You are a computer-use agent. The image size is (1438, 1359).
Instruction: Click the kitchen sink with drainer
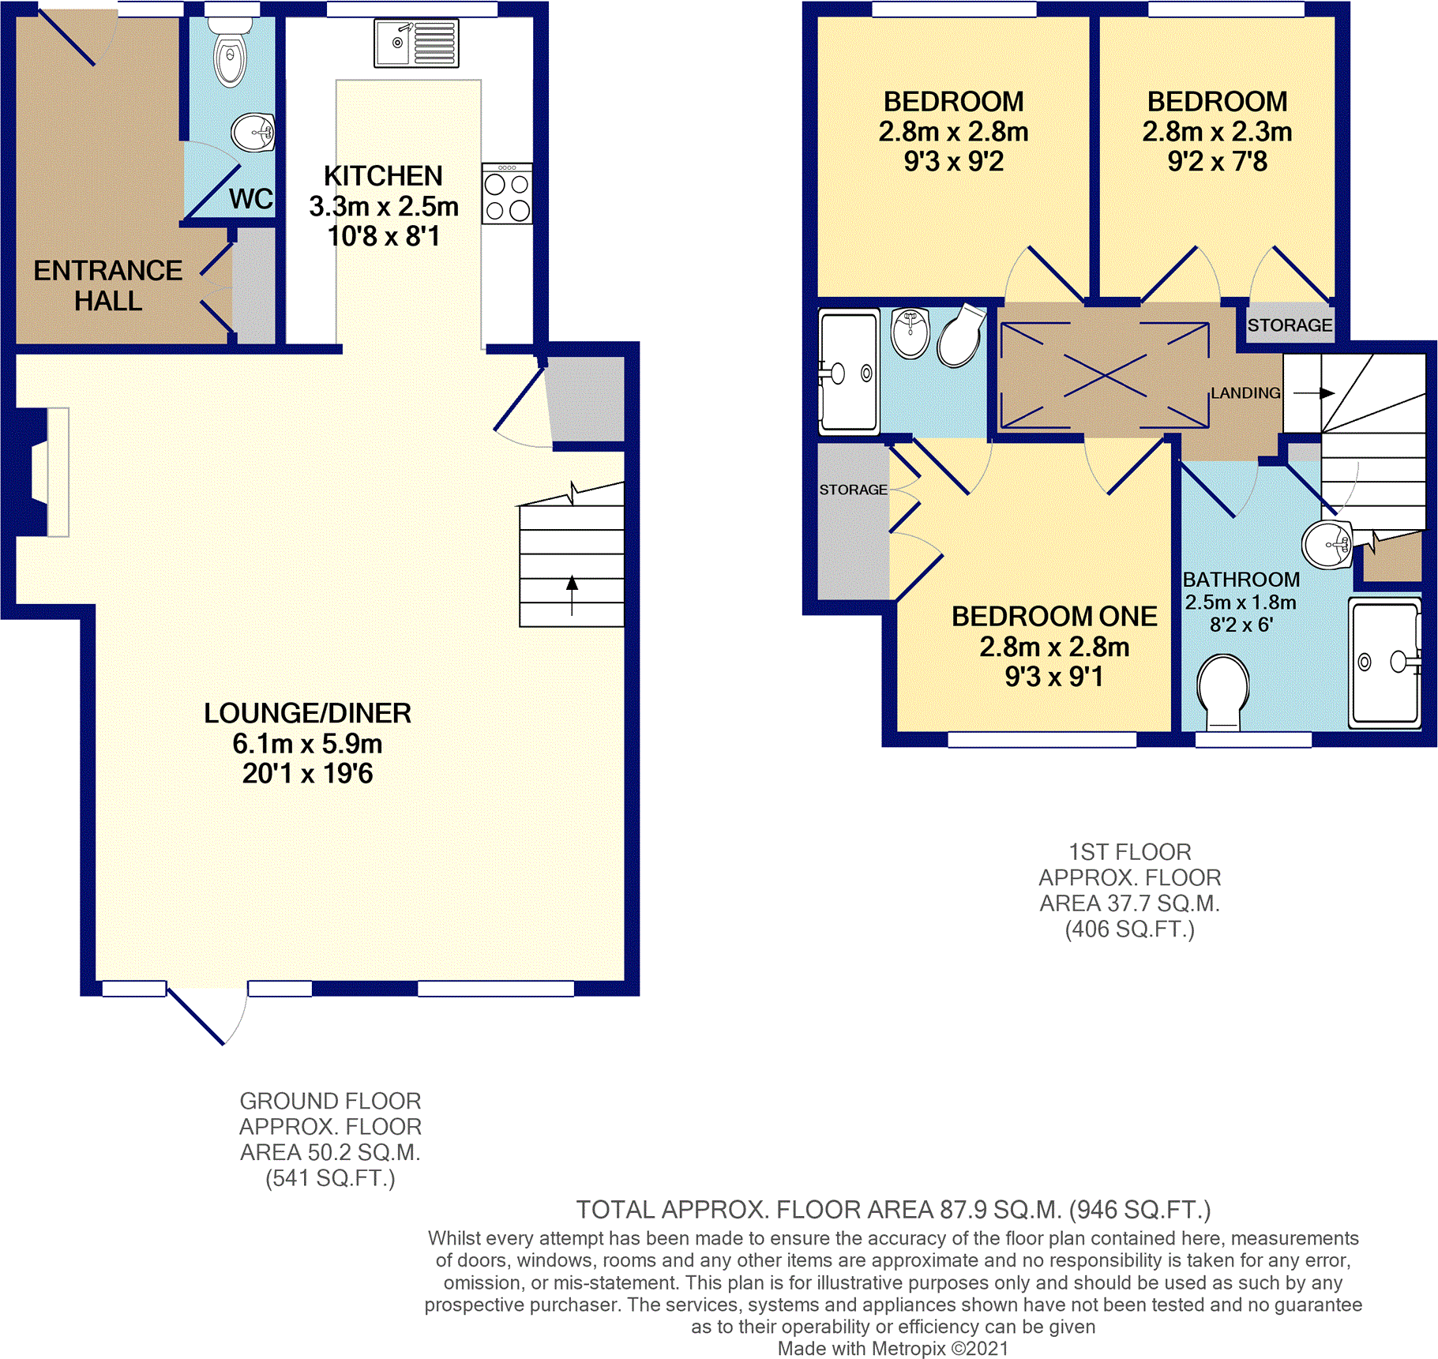pyautogui.click(x=416, y=43)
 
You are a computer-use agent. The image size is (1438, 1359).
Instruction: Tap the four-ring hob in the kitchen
pyautogui.click(x=507, y=193)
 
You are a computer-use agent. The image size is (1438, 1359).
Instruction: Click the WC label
pyautogui.click(x=251, y=199)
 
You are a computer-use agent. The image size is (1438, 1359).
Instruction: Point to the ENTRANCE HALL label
pyautogui.click(x=108, y=286)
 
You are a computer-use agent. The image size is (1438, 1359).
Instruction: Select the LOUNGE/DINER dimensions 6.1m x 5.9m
pyautogui.click(x=307, y=744)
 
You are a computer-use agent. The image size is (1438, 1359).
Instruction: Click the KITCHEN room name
pyautogui.click(x=383, y=176)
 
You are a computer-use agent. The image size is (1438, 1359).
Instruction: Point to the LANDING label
pyautogui.click(x=1245, y=393)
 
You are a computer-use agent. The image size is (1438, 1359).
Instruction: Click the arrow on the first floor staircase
pyautogui.click(x=1314, y=393)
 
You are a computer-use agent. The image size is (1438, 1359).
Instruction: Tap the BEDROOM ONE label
pyautogui.click(x=1054, y=617)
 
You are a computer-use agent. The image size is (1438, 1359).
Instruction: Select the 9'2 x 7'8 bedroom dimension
pyautogui.click(x=1218, y=162)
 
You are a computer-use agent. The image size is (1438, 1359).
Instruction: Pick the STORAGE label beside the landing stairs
pyautogui.click(x=1290, y=325)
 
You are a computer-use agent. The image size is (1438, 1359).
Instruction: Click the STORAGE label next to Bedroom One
pyautogui.click(x=853, y=490)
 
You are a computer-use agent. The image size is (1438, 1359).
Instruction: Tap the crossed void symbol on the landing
pyautogui.click(x=1105, y=374)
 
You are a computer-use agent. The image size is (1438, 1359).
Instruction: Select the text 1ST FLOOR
pyautogui.click(x=1129, y=852)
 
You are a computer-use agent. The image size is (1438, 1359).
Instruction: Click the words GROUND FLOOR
pyautogui.click(x=330, y=1101)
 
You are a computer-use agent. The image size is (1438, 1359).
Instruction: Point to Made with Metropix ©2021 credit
pyautogui.click(x=893, y=1349)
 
